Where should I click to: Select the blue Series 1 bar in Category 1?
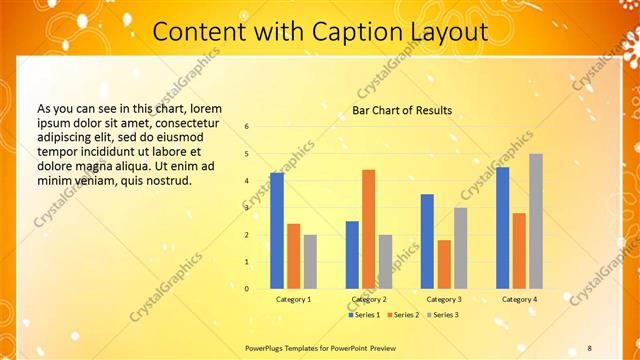[x=277, y=231]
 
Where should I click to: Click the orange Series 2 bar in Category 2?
[x=368, y=229]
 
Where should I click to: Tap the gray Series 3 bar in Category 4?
[x=536, y=221]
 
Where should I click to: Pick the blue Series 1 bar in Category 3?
[x=427, y=241]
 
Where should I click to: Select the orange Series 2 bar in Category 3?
[x=444, y=264]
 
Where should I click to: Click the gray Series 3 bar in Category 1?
[x=310, y=262]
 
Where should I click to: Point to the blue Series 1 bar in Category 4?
[x=502, y=228]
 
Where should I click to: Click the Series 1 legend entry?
[x=363, y=315]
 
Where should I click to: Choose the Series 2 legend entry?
[x=402, y=315]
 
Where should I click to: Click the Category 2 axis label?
[x=368, y=299]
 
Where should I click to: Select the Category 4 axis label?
[x=519, y=299]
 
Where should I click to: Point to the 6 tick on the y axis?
[x=247, y=127]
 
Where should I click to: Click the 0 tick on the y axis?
[x=247, y=289]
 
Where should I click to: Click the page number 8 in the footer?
[x=590, y=347]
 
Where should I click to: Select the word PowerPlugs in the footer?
[x=267, y=347]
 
